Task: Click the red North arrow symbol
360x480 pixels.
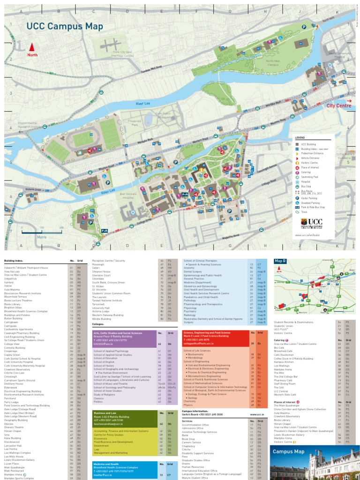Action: [x=32, y=46]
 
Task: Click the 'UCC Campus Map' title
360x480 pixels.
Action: [x=64, y=26]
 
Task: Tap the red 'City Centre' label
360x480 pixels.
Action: [x=338, y=106]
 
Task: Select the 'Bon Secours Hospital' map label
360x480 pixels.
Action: [x=127, y=195]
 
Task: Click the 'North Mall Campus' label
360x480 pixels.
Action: [x=273, y=63]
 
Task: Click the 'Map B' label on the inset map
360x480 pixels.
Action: [x=281, y=260]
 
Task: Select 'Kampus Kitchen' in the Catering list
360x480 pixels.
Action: [x=284, y=362]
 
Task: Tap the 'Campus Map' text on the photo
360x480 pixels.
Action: [x=289, y=451]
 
